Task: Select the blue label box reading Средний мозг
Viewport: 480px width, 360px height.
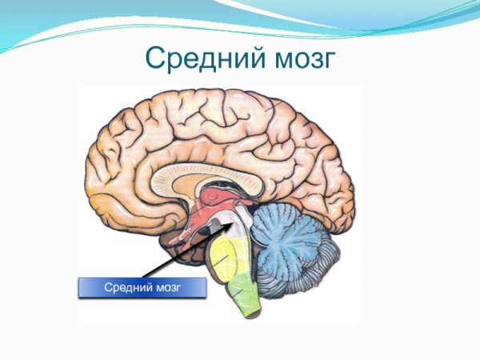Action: pos(142,287)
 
